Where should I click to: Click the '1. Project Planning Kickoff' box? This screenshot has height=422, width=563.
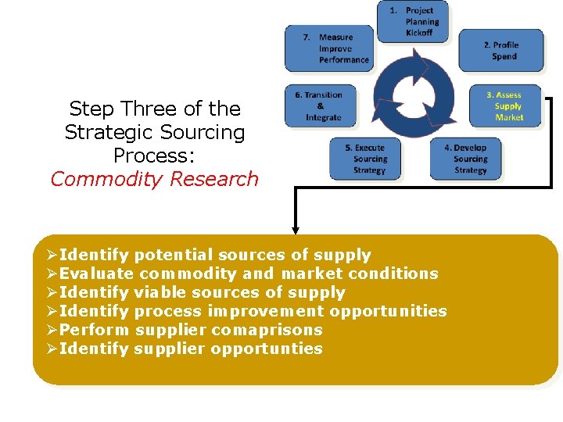pyautogui.click(x=414, y=22)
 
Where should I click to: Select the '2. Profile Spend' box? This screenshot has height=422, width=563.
pyautogui.click(x=500, y=51)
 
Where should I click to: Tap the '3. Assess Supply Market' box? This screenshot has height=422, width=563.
pyautogui.click(x=505, y=106)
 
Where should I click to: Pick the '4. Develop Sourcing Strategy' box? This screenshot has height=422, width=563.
pyautogui.click(x=466, y=159)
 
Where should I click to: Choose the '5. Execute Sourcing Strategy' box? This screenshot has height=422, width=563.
pyautogui.click(x=369, y=159)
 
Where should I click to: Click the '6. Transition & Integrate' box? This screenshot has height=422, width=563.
pyautogui.click(x=319, y=106)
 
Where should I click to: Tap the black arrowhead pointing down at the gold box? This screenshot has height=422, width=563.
pyautogui.click(x=296, y=230)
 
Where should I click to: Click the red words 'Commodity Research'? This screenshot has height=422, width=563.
pyautogui.click(x=154, y=179)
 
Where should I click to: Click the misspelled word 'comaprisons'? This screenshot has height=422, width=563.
pyautogui.click(x=267, y=330)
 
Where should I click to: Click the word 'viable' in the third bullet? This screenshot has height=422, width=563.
pyautogui.click(x=160, y=292)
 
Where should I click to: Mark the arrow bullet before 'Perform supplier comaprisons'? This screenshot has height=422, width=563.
pyautogui.click(x=52, y=330)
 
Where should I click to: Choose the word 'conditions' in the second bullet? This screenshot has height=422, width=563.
pyautogui.click(x=393, y=274)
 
